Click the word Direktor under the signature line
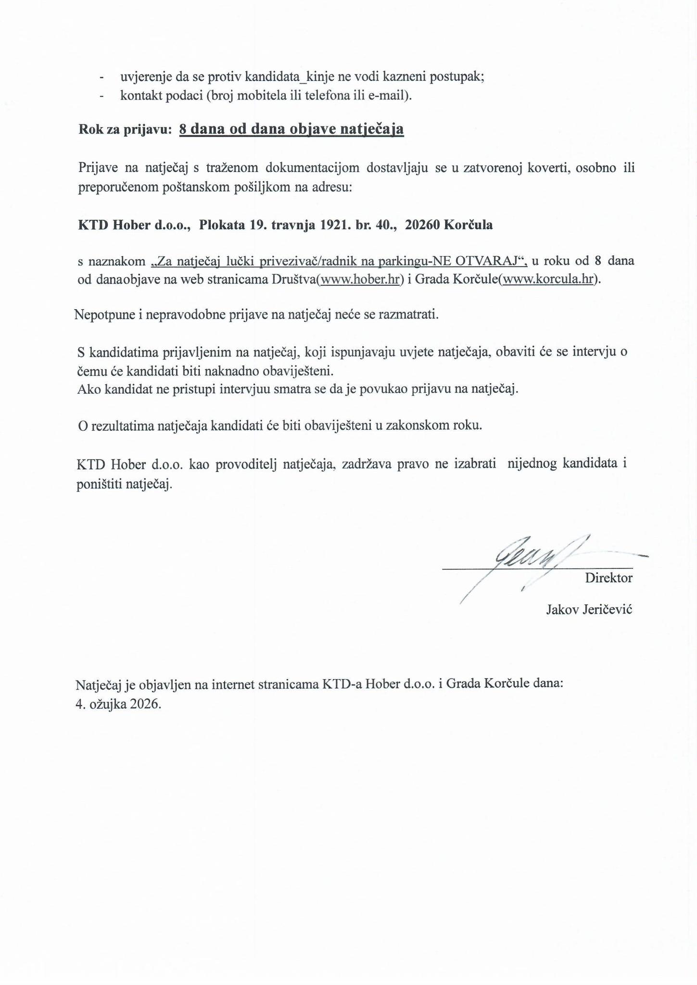(608, 578)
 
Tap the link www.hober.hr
(360, 279)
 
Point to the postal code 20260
(422, 225)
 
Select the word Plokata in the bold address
(221, 225)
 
